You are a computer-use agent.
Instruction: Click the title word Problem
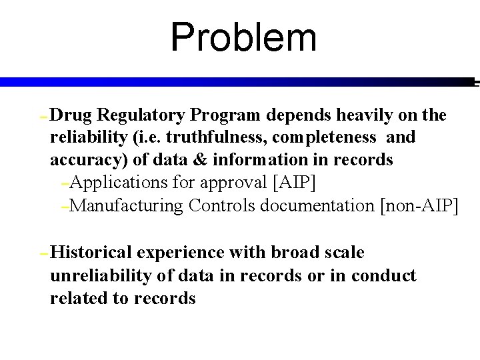[x=243, y=37]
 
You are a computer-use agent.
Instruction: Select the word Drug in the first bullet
[x=71, y=115]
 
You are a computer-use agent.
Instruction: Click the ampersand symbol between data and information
[x=203, y=161]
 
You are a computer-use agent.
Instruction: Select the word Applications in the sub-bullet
[x=118, y=182]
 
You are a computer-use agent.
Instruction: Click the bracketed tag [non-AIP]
[x=419, y=205]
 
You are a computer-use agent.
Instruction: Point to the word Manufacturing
[x=126, y=205]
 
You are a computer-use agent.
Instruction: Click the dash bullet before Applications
[x=64, y=183]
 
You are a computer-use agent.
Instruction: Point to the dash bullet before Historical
[x=43, y=254]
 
